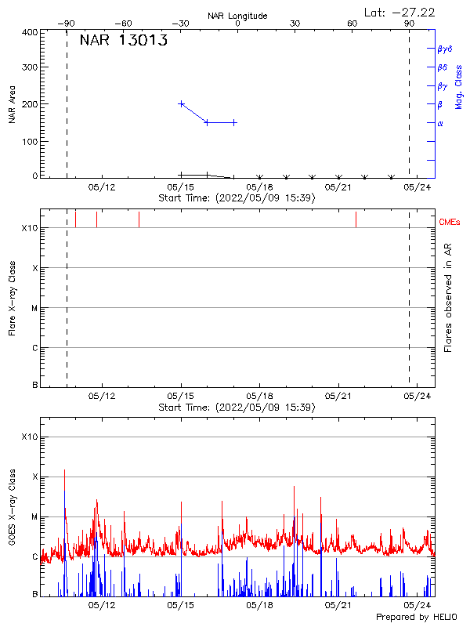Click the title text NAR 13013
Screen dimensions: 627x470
coord(123,42)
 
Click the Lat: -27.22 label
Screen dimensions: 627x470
coord(400,12)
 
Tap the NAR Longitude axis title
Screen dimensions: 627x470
coord(237,16)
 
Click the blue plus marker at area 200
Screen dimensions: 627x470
coord(182,103)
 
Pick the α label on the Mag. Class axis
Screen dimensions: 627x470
coord(440,123)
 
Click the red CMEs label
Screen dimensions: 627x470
coord(450,223)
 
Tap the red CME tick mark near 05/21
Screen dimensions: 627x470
coord(356,219)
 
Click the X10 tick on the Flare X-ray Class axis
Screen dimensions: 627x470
coord(30,228)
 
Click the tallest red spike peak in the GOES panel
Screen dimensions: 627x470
coord(64,470)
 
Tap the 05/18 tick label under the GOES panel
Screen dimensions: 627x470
coord(259,605)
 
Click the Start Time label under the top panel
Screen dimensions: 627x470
coord(237,198)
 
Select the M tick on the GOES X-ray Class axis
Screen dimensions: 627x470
coord(34,517)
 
